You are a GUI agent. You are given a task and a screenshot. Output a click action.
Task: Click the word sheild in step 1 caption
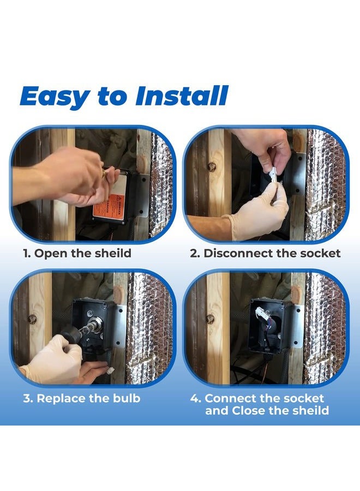(x=113, y=253)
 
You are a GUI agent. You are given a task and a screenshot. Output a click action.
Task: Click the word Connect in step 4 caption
(x=230, y=398)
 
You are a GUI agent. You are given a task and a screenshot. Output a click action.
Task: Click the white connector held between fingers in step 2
(x=273, y=175)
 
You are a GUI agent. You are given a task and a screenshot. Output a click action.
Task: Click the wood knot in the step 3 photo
(x=32, y=319)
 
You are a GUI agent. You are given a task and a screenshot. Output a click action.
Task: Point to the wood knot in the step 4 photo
(x=211, y=319)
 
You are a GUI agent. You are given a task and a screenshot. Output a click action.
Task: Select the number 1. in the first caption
(x=27, y=253)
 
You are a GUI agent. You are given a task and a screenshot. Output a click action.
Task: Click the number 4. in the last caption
(x=196, y=398)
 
